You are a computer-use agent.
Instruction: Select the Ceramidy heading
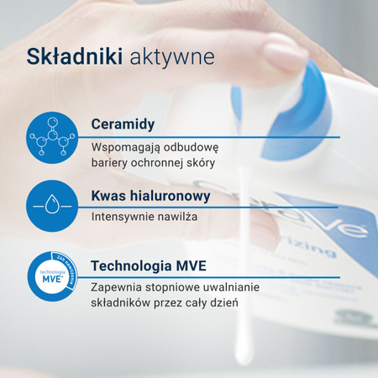pos(123,124)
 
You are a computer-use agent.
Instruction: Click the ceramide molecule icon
pos(53,137)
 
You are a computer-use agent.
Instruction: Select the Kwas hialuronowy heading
pos(150,197)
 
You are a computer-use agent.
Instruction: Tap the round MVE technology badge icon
pos(53,276)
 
